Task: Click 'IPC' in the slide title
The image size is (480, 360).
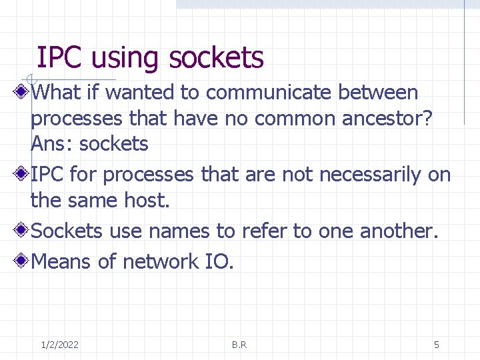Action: click(x=60, y=58)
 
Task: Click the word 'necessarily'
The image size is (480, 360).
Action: click(x=370, y=175)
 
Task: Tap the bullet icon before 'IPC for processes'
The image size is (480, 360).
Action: click(x=22, y=175)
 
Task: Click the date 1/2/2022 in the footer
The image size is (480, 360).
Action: click(x=59, y=345)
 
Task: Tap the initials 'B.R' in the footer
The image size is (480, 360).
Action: click(x=239, y=345)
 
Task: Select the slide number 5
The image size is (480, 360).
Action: click(x=437, y=345)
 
